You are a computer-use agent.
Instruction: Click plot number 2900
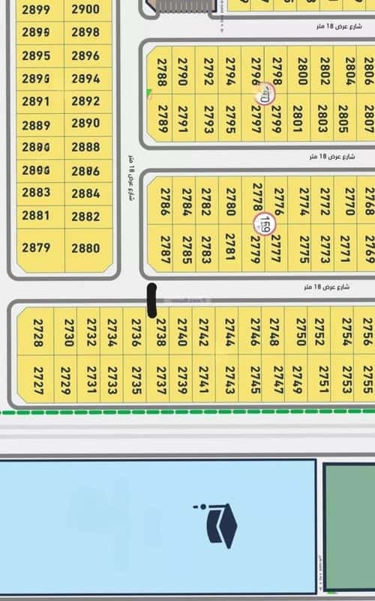click(x=85, y=10)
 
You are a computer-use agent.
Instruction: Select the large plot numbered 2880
click(x=85, y=248)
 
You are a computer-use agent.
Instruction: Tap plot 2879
click(x=36, y=248)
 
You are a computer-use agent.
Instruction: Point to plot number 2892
click(x=85, y=101)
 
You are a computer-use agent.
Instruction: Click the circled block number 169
click(x=265, y=223)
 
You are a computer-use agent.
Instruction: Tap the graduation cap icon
click(x=220, y=523)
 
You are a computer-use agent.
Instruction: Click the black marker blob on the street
click(x=151, y=299)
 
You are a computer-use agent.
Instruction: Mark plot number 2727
click(x=37, y=380)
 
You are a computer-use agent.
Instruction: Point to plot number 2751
click(x=324, y=380)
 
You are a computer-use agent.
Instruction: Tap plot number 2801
click(x=299, y=118)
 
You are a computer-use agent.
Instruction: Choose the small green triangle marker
click(x=149, y=93)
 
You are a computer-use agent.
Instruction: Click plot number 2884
click(x=85, y=193)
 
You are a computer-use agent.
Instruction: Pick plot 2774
click(x=304, y=201)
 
